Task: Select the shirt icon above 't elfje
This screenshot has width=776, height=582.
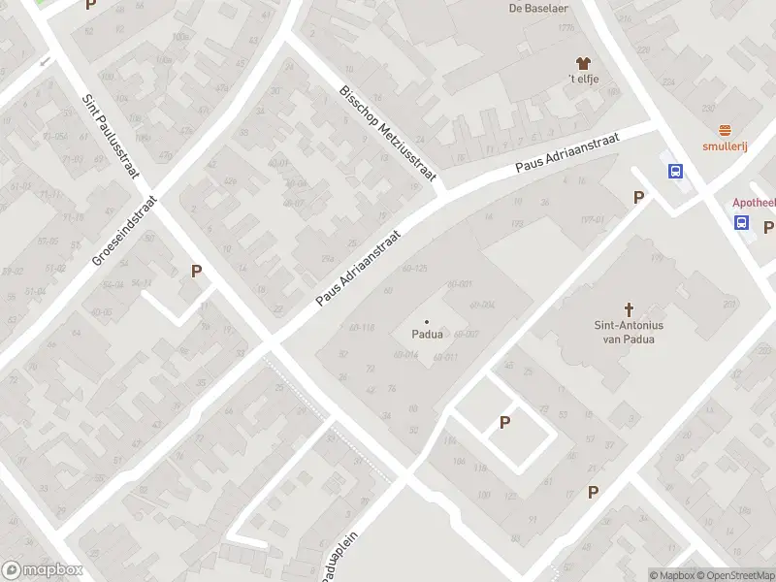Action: tap(584, 62)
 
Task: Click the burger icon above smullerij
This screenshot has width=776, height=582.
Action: tap(725, 131)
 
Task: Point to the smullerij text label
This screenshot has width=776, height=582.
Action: tap(725, 147)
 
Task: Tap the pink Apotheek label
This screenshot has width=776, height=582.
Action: tap(752, 204)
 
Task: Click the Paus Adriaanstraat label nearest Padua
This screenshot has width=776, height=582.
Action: tap(359, 270)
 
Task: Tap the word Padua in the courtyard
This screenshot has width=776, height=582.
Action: tap(427, 335)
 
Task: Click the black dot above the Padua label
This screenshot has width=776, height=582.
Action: tap(427, 321)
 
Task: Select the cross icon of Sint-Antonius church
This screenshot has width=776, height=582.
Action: tap(629, 309)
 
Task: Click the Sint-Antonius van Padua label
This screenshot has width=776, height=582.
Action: tap(629, 332)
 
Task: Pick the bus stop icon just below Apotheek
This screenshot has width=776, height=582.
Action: tap(742, 222)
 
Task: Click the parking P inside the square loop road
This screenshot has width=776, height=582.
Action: tap(504, 422)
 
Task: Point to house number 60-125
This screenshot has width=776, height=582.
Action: tap(414, 268)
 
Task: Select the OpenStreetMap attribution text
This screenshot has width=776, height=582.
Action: tap(737, 575)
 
